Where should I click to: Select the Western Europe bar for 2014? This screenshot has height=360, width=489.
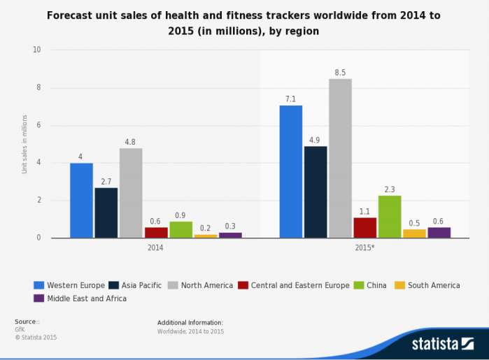click(x=81, y=201)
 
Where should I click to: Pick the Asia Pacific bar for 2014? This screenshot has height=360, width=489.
click(x=106, y=213)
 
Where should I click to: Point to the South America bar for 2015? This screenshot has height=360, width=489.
click(x=414, y=233)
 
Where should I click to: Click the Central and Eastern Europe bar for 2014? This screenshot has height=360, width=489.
click(x=156, y=232)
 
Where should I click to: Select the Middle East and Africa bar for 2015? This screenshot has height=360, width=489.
click(x=439, y=232)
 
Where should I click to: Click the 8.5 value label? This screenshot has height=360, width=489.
click(x=341, y=72)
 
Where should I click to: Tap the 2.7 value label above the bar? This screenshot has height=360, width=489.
click(x=106, y=181)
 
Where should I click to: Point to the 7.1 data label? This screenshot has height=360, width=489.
click(x=291, y=99)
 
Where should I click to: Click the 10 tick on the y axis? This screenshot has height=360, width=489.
click(x=36, y=50)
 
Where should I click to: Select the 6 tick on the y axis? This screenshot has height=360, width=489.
click(x=38, y=126)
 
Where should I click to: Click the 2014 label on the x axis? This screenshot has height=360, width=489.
click(x=156, y=247)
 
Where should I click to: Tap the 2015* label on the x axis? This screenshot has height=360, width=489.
click(x=365, y=247)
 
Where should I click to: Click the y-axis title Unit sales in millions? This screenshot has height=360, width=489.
click(x=24, y=144)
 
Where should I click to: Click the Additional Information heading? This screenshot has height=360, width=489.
click(x=190, y=322)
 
